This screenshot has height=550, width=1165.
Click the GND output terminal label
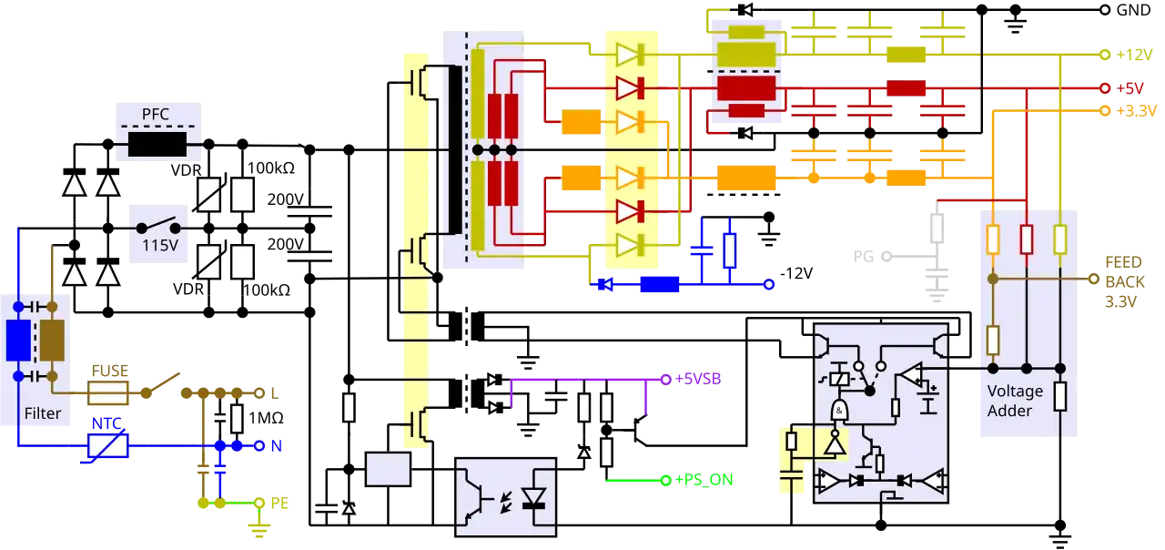(1133, 10)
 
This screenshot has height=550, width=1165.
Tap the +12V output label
(1134, 55)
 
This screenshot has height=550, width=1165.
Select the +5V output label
(1130, 88)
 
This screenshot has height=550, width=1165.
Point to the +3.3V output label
(1137, 111)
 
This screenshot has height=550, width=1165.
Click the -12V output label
(796, 273)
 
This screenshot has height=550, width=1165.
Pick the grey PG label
(864, 257)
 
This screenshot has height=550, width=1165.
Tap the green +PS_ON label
(704, 480)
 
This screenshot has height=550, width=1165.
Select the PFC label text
(156, 114)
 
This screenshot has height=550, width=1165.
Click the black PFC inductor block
(157, 144)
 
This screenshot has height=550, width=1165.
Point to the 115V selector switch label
(160, 245)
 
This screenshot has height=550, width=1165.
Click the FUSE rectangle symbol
(108, 392)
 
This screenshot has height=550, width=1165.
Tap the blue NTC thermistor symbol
(108, 446)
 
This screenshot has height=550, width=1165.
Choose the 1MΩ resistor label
(266, 418)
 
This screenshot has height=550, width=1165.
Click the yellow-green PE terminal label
(279, 504)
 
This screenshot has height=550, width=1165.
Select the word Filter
(43, 413)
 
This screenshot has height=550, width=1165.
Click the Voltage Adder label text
(1015, 402)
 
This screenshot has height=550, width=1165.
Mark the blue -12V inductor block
(660, 285)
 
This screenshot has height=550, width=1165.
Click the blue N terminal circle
(259, 446)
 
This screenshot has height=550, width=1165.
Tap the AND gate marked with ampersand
(839, 411)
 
